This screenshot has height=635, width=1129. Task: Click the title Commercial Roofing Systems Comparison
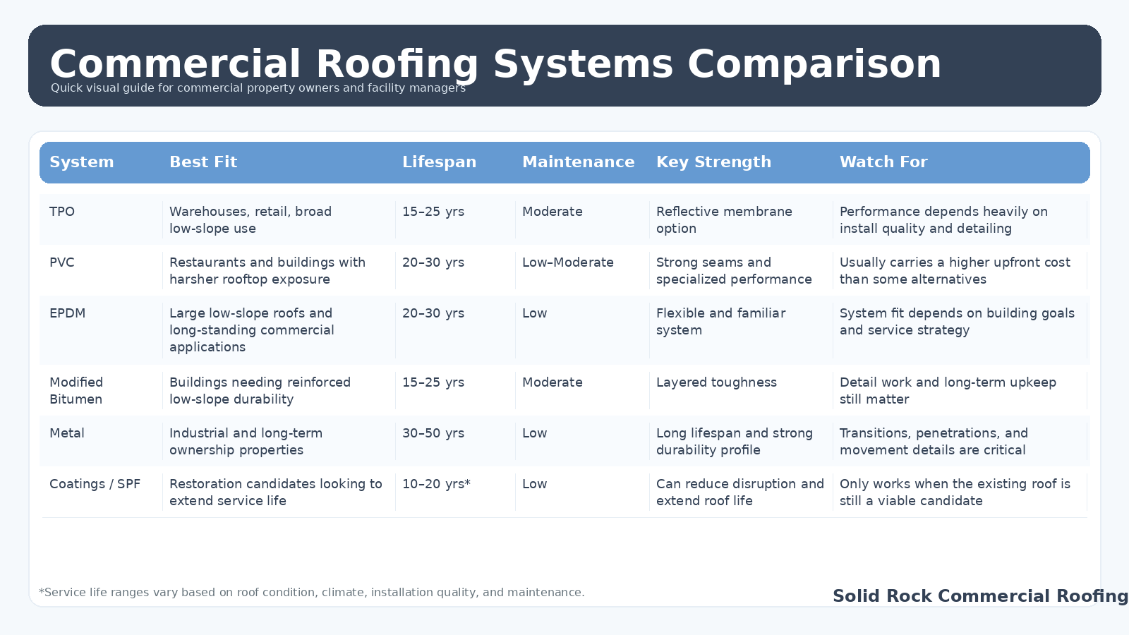tap(495, 64)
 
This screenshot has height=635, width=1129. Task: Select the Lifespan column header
tap(439, 162)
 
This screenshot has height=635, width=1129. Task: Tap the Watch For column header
tap(883, 162)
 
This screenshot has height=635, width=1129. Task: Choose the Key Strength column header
tap(713, 162)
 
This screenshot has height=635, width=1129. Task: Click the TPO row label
tap(62, 212)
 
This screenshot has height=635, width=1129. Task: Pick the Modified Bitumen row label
tap(76, 391)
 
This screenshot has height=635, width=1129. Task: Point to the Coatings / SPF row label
tap(95, 484)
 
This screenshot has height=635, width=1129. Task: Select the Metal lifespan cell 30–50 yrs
tap(433, 433)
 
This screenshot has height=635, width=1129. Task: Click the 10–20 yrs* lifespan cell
tap(436, 484)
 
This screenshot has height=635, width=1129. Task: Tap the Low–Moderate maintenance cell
tap(568, 262)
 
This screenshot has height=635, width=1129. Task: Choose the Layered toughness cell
tap(716, 382)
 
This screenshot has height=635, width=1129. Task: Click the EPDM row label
tap(67, 313)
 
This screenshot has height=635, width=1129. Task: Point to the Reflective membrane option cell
tap(724, 220)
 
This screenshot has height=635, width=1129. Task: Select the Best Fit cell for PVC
tap(267, 271)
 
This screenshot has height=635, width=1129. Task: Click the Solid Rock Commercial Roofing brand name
tap(980, 596)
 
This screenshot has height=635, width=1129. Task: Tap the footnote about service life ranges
tap(312, 593)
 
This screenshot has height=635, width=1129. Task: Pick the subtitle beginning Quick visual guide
tap(258, 88)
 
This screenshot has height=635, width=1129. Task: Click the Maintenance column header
tap(578, 162)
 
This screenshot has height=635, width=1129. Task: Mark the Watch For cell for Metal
tap(934, 442)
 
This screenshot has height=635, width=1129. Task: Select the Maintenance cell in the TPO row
tap(553, 212)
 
